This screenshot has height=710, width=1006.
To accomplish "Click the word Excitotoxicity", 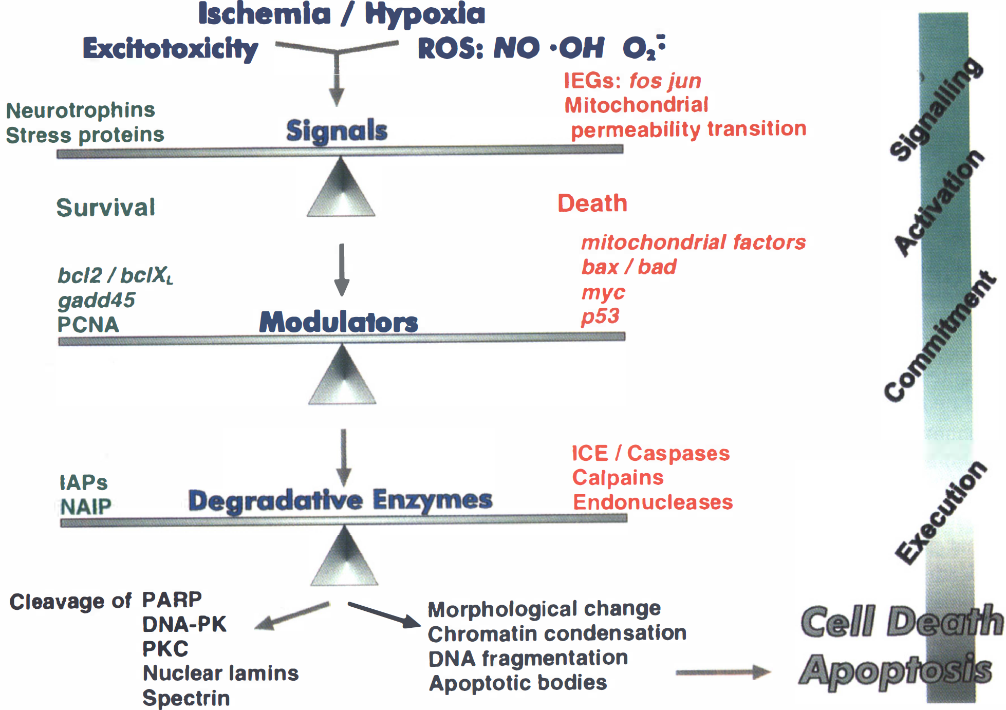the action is pos(171,49).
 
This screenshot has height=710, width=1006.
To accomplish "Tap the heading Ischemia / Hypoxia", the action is pos(342,14).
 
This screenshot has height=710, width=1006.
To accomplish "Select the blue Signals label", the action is pos(337,130).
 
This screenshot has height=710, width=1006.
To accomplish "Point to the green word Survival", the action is pos(106,208).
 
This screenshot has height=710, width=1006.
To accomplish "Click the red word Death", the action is pos(592,203).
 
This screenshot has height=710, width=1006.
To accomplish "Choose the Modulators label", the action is pos(339,322).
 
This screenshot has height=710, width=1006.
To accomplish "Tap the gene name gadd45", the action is pos(97,301).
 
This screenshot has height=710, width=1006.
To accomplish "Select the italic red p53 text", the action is pos(601,316).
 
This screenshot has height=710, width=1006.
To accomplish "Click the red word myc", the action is pos(603,293).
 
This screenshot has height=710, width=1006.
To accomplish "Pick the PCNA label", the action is pos(88,325).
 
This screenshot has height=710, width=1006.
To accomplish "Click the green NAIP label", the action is pos(85,507).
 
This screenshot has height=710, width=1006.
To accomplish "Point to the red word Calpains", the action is pos(618,478).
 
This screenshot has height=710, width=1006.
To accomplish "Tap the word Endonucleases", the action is pos(653,502).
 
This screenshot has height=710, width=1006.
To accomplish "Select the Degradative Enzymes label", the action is pos(340,501).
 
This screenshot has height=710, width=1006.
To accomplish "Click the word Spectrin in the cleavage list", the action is pos(186,698).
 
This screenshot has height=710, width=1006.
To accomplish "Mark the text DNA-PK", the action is pos(184,624).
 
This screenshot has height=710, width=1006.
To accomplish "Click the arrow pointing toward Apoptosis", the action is pos(723,672).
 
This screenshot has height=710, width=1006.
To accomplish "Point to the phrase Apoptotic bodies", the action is pos(518,683).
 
